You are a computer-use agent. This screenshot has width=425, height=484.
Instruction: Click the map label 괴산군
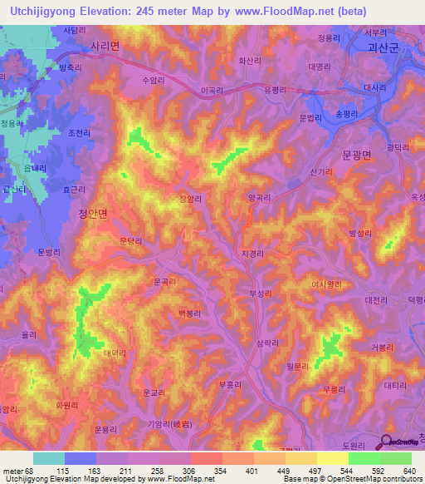383,49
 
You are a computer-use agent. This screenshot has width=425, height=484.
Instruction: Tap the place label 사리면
105,47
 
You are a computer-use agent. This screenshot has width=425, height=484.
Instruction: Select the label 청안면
93,214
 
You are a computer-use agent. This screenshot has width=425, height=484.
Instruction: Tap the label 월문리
297,365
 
